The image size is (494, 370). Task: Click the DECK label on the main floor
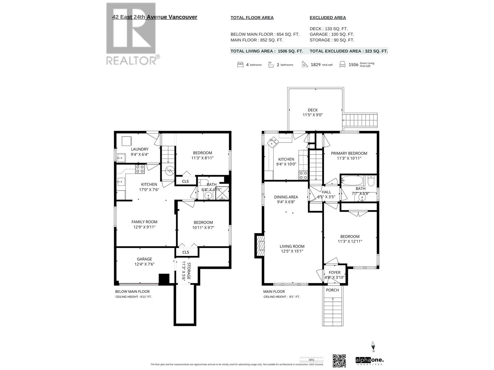[x=312, y=110]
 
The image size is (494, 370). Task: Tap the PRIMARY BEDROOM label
[x=349, y=153]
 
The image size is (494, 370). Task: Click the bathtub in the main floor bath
[x=352, y=180]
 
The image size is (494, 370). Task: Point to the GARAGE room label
[x=144, y=259]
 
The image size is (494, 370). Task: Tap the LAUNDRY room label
[x=140, y=149]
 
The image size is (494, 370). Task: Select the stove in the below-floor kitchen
[x=140, y=169]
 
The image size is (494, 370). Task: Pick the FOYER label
[x=334, y=272]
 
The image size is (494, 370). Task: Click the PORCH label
[x=332, y=290]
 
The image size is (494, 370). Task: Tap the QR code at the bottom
[x=339, y=361]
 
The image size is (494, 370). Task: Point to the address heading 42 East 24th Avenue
[x=155, y=17]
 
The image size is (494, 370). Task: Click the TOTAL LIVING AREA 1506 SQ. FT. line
[x=266, y=51]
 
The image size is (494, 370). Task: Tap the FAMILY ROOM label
[x=144, y=222]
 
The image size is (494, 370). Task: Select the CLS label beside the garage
[x=186, y=252]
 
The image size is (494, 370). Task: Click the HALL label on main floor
[x=326, y=192]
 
